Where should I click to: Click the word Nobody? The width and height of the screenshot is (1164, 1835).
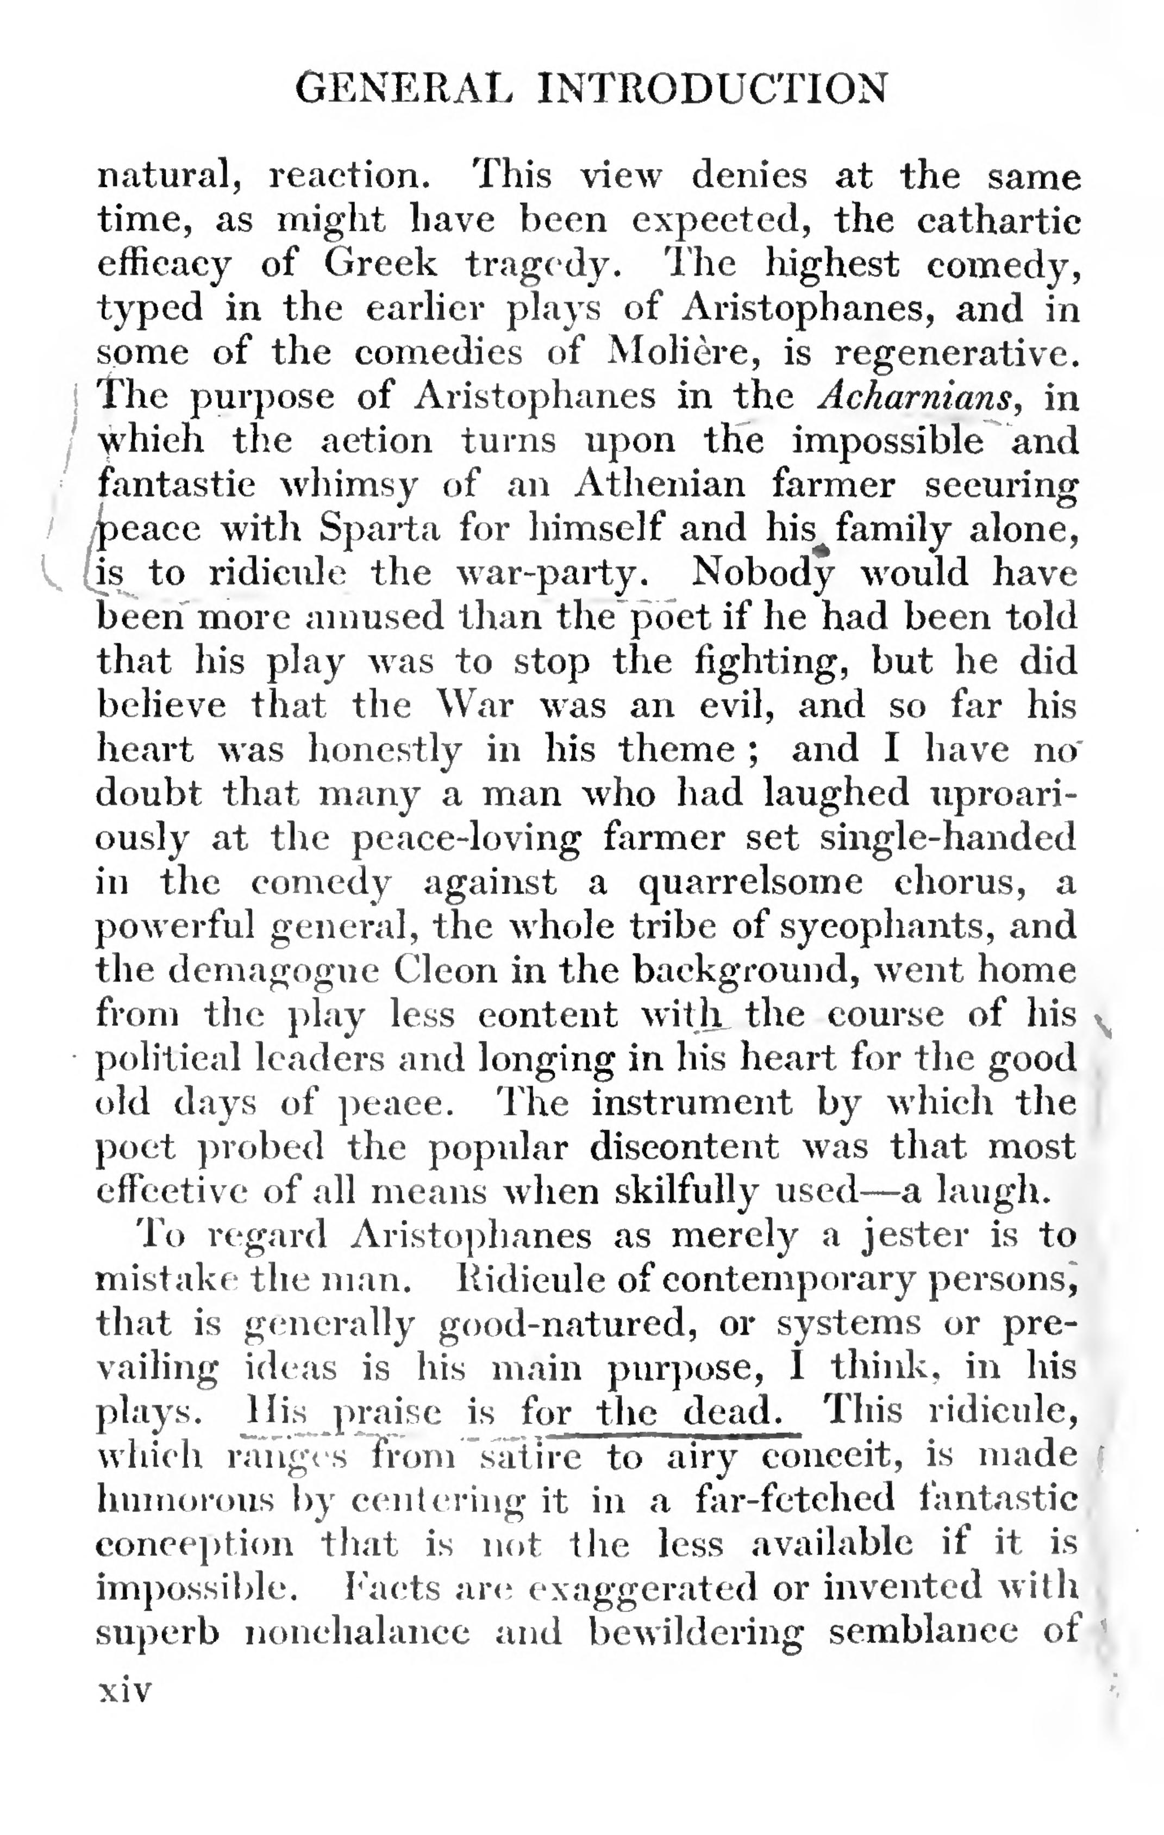tap(762, 573)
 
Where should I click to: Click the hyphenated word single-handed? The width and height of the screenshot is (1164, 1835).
tap(948, 838)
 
